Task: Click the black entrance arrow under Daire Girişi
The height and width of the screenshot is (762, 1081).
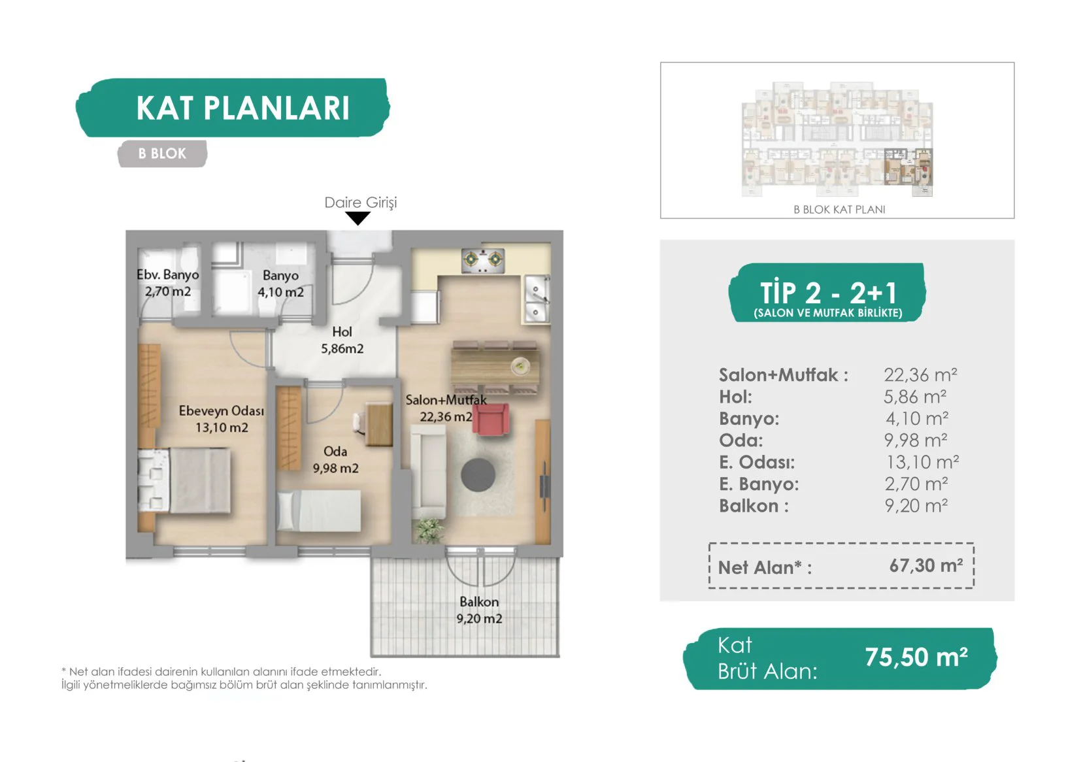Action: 358,219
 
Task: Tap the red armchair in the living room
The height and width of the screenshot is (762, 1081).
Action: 491,419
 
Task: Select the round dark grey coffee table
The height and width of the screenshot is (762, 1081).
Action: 478,474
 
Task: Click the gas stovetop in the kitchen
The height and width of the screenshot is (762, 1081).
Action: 483,261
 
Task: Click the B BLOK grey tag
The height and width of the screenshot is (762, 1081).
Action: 162,154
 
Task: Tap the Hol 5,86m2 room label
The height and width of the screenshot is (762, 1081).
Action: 342,340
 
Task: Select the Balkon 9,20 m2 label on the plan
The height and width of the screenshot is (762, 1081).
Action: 479,610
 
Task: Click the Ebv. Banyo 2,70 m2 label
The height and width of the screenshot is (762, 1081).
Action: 168,283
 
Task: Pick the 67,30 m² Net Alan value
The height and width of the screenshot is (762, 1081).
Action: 926,565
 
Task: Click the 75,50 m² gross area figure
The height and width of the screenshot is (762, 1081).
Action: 916,657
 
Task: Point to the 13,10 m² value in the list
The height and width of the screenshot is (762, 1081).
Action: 922,462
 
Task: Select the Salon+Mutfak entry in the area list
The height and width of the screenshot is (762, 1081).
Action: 783,375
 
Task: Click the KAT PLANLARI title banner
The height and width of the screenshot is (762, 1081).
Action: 233,108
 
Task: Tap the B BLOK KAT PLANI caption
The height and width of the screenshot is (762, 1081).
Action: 839,209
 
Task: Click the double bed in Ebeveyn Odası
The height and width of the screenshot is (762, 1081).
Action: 184,480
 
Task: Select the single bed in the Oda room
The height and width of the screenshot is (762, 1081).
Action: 319,511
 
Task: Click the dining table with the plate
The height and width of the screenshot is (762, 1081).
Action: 495,367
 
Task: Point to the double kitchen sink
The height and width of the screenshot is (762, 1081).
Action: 536,299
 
